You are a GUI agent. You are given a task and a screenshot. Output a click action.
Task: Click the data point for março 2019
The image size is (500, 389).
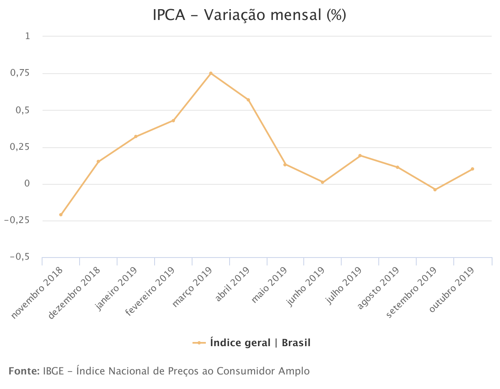[x=211, y=73]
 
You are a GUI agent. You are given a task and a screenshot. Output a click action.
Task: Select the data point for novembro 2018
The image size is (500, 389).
[x=61, y=215]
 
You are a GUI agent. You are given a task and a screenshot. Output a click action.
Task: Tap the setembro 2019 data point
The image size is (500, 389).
[x=435, y=190]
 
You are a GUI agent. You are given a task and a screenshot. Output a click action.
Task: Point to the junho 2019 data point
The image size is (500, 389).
[x=322, y=182]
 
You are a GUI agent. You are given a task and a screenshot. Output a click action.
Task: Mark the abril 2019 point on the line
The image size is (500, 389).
[x=248, y=100]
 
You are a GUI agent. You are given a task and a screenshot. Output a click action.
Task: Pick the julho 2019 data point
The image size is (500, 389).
[x=360, y=156]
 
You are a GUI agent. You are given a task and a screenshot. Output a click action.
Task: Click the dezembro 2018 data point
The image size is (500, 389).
[x=98, y=161]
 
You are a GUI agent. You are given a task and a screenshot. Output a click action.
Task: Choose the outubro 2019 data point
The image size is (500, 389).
[x=472, y=169]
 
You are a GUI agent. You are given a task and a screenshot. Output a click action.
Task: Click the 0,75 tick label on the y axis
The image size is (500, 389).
[x=20, y=73]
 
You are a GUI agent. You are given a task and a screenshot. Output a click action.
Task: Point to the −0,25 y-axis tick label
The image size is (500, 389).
[x=17, y=221]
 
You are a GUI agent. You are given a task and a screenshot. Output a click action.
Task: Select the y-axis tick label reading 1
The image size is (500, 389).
[x=27, y=37]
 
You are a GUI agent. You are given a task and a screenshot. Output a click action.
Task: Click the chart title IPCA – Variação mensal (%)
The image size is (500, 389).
[x=250, y=15]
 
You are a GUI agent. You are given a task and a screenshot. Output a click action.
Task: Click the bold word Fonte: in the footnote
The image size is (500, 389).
[x=24, y=371]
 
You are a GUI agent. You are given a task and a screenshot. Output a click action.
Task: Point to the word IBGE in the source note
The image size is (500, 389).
[x=52, y=371]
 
